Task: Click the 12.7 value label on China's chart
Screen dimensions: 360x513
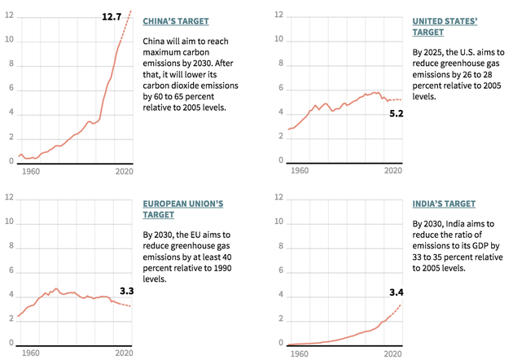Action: pos(111,15)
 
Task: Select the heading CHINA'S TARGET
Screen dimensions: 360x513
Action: pos(176,20)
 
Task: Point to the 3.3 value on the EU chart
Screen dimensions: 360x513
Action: pos(126,290)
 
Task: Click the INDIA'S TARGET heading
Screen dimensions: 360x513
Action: pos(445,204)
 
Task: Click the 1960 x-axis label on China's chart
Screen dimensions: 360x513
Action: pos(32,171)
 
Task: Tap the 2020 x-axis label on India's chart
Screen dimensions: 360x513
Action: pos(393,353)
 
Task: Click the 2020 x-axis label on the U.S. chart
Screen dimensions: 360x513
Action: pos(393,171)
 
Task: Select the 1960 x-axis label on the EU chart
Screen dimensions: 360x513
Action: pos(32,353)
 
